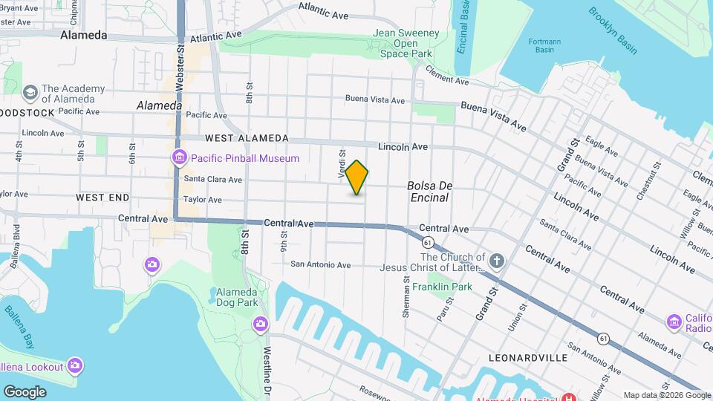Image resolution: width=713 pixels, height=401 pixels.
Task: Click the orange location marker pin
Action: coord(357,177)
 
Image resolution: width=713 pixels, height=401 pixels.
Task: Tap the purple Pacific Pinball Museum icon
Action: coord(179,157)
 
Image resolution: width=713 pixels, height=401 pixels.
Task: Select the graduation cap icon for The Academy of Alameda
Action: coord(30,92)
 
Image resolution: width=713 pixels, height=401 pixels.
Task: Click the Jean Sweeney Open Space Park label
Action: coord(406,43)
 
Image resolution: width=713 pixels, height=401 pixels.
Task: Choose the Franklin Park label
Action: coord(443,287)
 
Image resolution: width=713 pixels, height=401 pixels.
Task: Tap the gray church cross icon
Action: coord(497,261)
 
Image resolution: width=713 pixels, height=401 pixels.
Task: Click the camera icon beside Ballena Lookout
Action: coord(74,365)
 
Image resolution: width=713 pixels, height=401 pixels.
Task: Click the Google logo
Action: coord(25,391)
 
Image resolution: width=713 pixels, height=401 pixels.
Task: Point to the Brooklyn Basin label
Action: coord(613,30)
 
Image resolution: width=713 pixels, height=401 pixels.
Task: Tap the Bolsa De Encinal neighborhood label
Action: coord(429,192)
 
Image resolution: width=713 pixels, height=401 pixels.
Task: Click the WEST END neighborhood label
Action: coord(102,198)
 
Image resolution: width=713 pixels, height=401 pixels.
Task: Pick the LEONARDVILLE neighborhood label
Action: coord(529,358)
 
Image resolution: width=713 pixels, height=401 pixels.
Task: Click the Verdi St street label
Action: coord(342,163)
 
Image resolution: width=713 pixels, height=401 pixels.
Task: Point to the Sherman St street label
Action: coord(406,299)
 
